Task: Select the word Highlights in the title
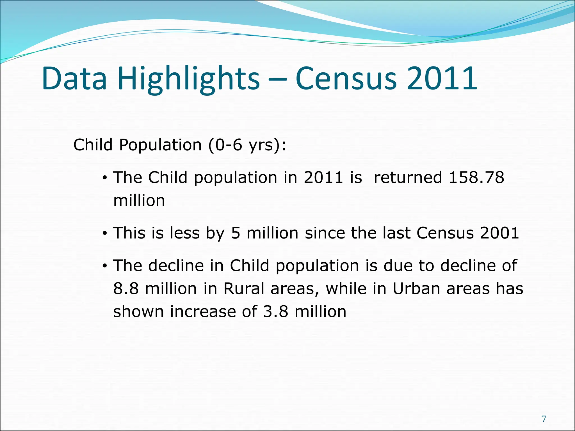click(x=189, y=79)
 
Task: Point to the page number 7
click(x=544, y=419)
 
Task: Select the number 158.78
click(x=476, y=178)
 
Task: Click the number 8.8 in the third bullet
click(x=126, y=288)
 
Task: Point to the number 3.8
click(x=276, y=311)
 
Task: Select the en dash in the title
click(x=277, y=79)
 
